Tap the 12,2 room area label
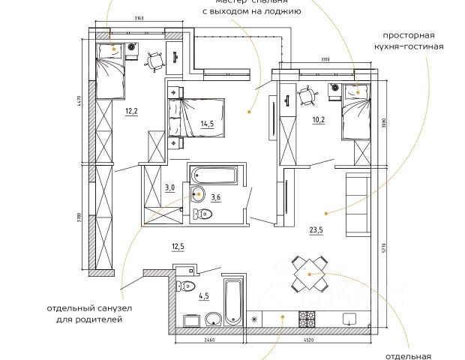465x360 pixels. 131,112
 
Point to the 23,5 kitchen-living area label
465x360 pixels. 317,231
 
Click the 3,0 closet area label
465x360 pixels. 170,188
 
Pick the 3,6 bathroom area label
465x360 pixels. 216,197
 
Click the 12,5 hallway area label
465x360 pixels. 178,246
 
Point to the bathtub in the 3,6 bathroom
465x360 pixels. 214,175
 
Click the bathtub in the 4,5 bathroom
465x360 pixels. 233,300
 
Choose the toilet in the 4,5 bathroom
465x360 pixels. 186,286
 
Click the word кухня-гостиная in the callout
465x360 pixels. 413,46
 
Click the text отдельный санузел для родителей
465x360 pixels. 88,313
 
